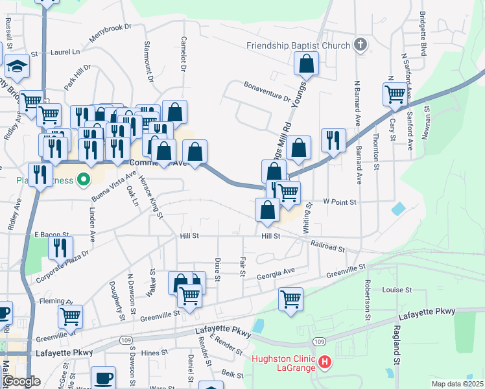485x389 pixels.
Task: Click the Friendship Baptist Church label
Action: pos(298,45)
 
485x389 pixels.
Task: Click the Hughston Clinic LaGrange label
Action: pos(283,362)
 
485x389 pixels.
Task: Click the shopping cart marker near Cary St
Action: pos(395,94)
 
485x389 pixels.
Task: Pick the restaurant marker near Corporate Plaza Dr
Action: pos(61,248)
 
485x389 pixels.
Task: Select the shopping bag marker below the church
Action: pos(306,64)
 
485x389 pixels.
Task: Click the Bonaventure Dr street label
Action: pos(267,91)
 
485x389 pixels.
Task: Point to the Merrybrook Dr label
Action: pos(111,33)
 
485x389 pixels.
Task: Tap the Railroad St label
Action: pos(327,247)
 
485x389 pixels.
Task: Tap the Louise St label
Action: pos(397,290)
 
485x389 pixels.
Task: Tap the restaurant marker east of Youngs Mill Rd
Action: pos(333,141)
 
